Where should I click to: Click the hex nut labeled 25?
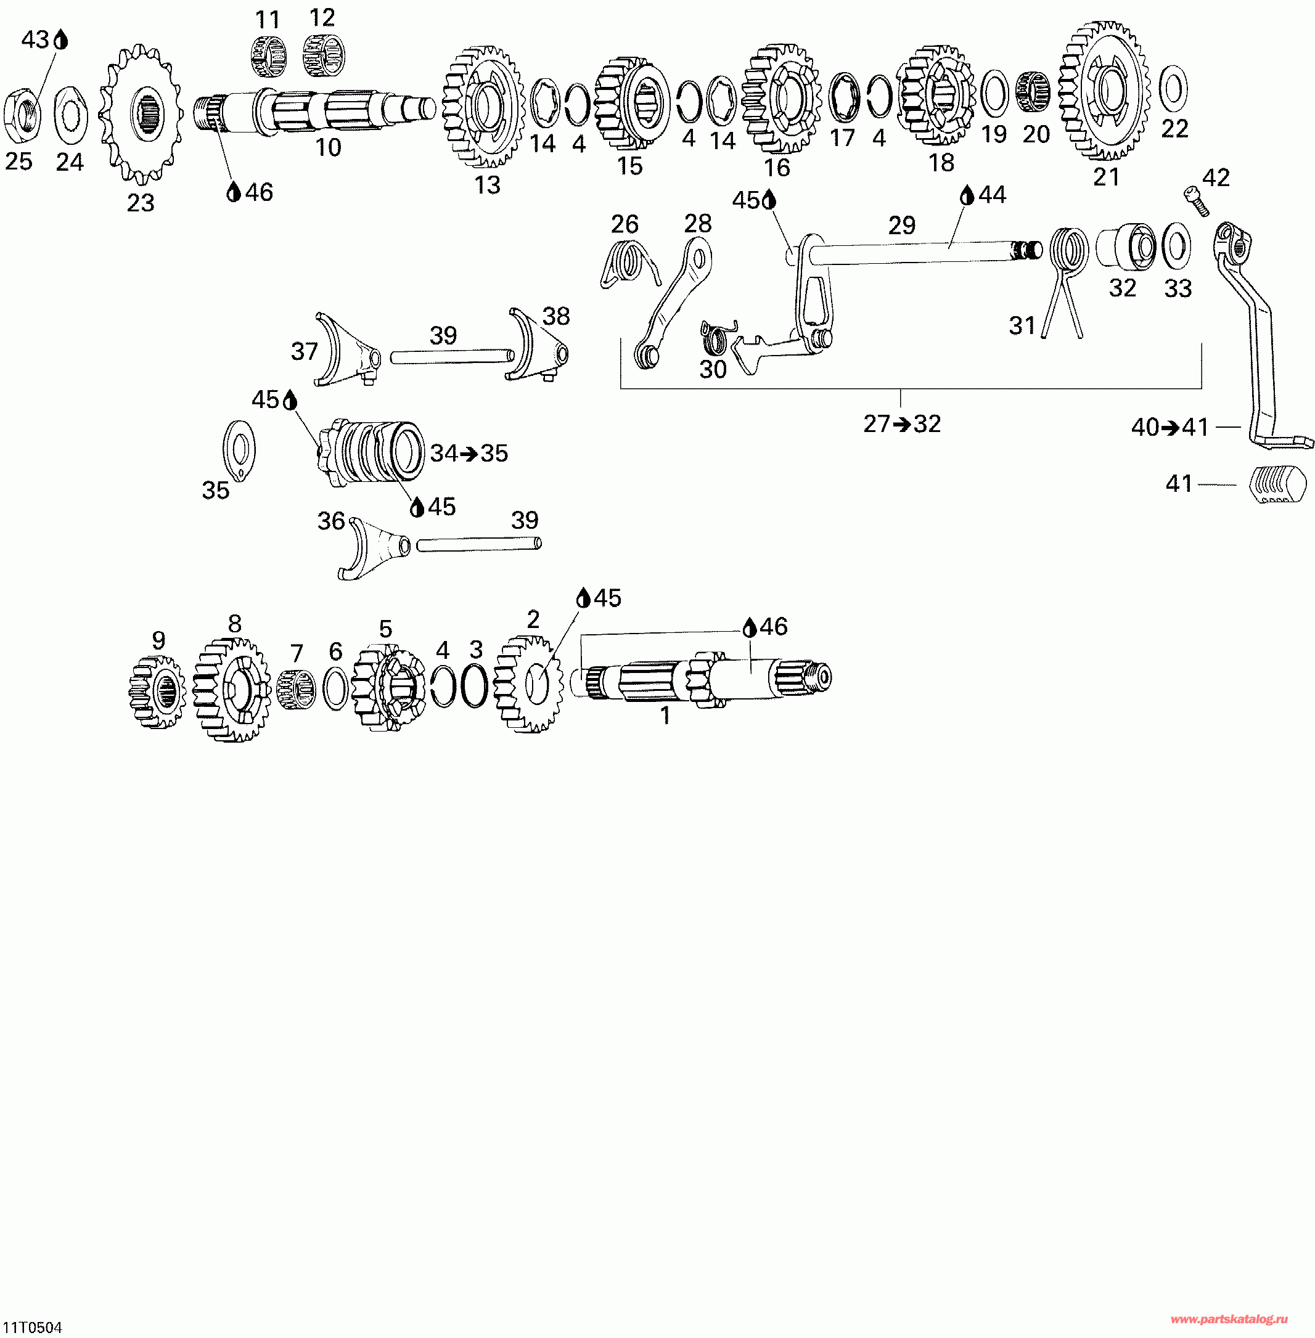point(21,113)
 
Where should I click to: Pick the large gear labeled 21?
point(1104,91)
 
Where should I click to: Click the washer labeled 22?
point(1173,89)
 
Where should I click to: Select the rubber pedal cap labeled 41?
point(1277,484)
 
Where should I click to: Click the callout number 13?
point(487,185)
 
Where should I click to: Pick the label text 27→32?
point(901,424)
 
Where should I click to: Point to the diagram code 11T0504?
point(33,1328)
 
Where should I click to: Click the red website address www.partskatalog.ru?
point(1229,1320)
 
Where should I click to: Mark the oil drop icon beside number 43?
point(62,40)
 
